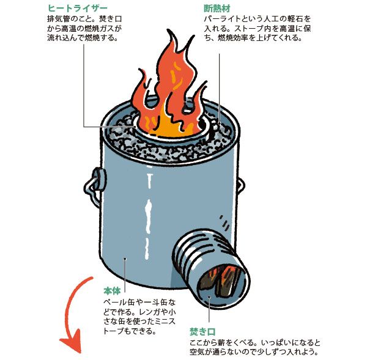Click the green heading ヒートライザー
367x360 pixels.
pos(73,9)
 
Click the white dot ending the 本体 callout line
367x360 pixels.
pos(124,259)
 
